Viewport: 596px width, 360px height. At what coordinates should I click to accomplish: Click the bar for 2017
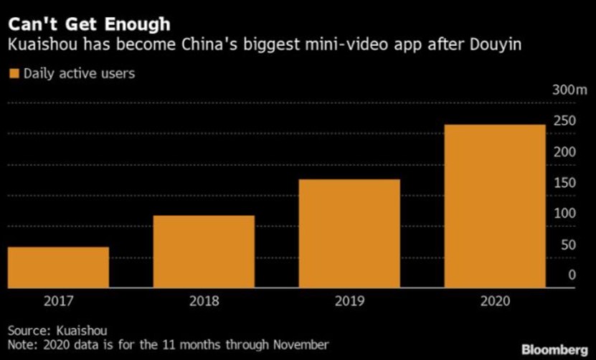pyautogui.click(x=59, y=267)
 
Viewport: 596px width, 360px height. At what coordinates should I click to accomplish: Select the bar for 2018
pyautogui.click(x=204, y=252)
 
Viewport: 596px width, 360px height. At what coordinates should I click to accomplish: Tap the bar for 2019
pyautogui.click(x=349, y=234)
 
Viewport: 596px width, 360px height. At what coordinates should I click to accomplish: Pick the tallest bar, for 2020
pyautogui.click(x=494, y=207)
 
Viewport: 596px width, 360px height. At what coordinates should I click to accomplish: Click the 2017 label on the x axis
pyautogui.click(x=59, y=301)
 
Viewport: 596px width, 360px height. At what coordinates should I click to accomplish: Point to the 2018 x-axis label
pyautogui.click(x=204, y=301)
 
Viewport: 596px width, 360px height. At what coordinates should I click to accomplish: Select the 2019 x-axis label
pyautogui.click(x=349, y=301)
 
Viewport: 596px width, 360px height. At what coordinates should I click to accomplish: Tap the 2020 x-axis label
pyautogui.click(x=494, y=301)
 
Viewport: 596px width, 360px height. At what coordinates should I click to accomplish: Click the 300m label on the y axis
pyautogui.click(x=570, y=90)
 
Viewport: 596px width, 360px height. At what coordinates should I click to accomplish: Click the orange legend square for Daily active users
pyautogui.click(x=13, y=73)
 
